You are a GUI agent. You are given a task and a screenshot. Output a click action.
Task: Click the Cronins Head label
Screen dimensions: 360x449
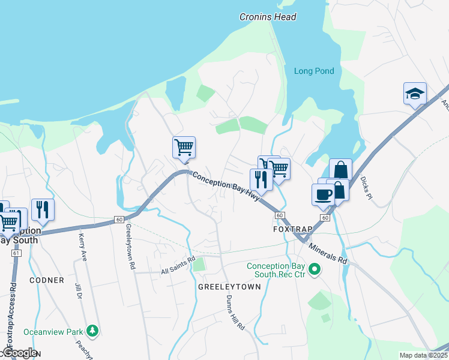(268, 17)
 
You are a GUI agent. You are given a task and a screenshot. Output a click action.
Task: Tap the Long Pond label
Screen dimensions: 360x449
(314, 71)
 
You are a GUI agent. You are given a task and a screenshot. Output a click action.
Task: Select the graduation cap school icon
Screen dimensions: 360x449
(415, 94)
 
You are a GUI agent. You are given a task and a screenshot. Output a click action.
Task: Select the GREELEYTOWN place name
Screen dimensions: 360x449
(229, 287)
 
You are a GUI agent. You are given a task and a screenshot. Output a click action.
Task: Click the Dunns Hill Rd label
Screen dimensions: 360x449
(235, 314)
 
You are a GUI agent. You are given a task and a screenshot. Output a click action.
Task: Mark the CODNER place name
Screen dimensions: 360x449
(46, 280)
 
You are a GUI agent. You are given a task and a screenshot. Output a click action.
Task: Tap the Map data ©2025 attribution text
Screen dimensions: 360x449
(423, 355)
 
